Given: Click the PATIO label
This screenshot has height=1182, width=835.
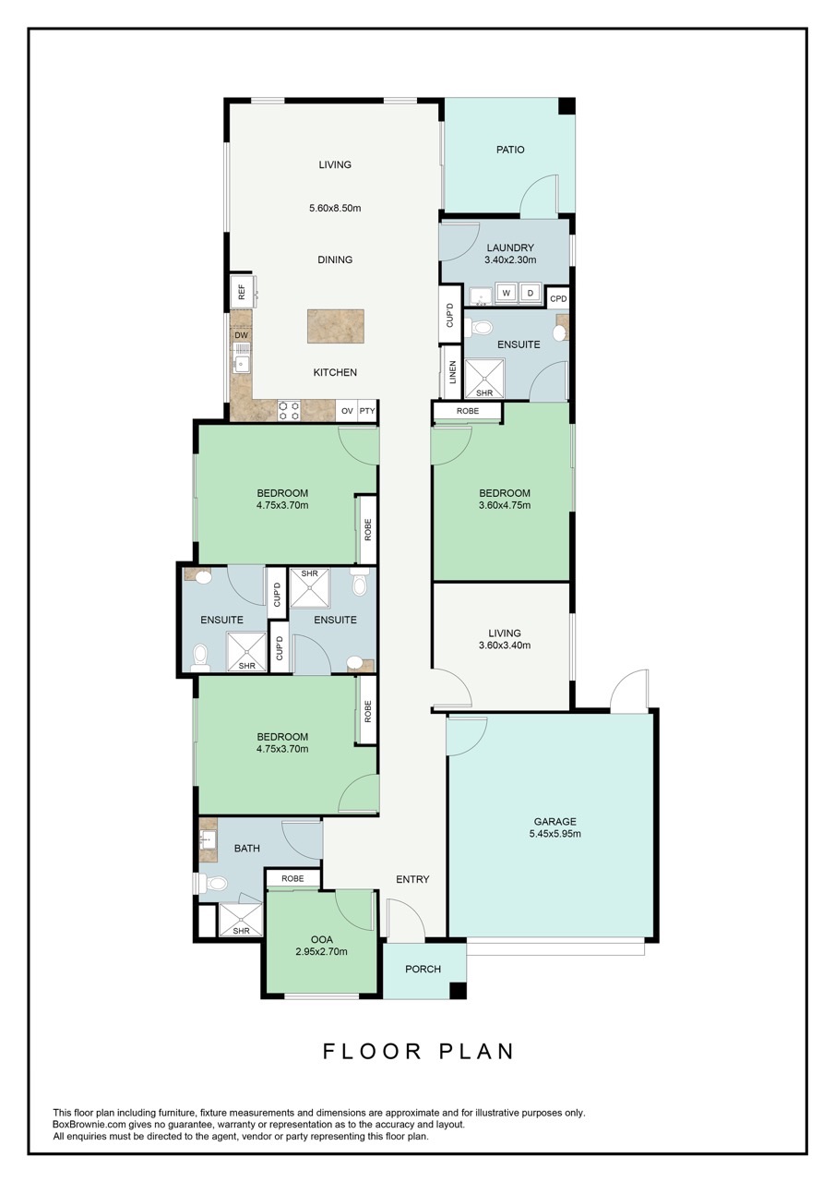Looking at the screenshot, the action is [x=509, y=150].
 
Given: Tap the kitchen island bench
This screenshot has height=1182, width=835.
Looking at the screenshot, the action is [x=336, y=326].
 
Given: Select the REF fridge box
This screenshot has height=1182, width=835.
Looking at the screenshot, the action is [x=242, y=293].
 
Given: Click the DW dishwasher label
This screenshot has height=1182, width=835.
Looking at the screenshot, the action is [x=241, y=335].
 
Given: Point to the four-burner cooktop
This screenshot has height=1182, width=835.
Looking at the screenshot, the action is [x=289, y=411].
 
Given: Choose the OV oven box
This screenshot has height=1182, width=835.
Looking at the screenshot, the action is [x=347, y=411].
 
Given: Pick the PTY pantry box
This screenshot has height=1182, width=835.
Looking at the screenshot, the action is [x=367, y=411].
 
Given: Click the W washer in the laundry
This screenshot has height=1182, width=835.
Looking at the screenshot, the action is [x=507, y=294].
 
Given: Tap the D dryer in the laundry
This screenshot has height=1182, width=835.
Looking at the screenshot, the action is [x=531, y=294].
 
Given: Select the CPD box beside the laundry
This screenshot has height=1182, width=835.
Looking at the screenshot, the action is [x=557, y=298].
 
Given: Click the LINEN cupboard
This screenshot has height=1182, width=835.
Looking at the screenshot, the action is [x=452, y=372].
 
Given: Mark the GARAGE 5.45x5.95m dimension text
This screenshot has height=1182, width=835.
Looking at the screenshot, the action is [x=555, y=834].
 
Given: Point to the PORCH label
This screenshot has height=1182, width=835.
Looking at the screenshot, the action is [x=423, y=969].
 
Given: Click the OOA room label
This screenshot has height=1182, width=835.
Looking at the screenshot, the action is [x=322, y=939].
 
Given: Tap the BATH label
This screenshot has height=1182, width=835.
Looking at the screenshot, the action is [x=246, y=848].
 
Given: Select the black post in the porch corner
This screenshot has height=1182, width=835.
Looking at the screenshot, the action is [x=458, y=990].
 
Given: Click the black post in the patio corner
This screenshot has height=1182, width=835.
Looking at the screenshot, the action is [x=567, y=105].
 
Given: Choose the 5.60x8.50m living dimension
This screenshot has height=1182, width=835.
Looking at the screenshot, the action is [x=335, y=208].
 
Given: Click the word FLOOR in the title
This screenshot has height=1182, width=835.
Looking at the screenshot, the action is [x=372, y=1051].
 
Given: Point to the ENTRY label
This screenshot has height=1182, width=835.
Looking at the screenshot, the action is [x=412, y=879].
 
